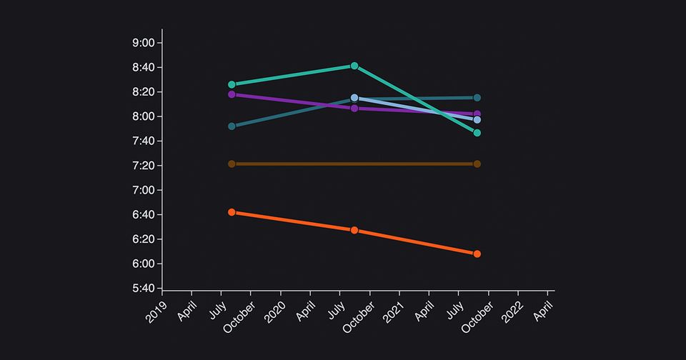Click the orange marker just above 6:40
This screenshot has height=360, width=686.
232,212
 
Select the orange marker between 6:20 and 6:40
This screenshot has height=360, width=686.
354,230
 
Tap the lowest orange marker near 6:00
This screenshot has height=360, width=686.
477,254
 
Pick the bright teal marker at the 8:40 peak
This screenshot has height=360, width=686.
354,66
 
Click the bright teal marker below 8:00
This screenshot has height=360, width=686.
477,133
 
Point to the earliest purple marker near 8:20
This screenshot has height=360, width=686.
232,94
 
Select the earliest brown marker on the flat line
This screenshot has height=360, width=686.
232,164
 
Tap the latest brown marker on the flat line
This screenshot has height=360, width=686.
477,164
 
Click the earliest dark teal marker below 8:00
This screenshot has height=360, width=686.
232,126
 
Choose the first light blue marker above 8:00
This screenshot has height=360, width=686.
354,97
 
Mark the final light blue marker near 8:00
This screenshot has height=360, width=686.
477,120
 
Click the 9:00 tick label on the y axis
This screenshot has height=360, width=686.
144,43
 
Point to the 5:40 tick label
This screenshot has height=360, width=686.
144,289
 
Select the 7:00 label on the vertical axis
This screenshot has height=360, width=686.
144,190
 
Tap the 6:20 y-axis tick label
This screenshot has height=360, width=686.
144,239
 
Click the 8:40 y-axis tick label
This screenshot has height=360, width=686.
144,68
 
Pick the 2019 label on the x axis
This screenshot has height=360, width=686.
156,311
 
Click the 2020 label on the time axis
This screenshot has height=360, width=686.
275,311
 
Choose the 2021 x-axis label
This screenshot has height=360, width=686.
394,311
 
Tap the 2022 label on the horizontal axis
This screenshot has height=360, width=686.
512,311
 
